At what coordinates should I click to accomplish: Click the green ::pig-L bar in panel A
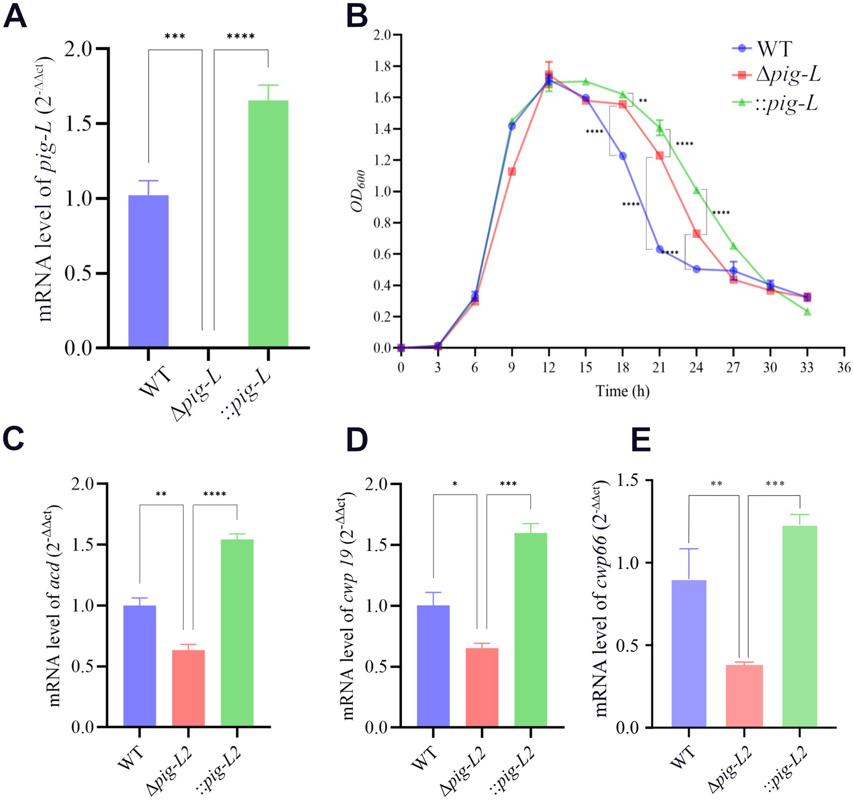pyautogui.click(x=268, y=223)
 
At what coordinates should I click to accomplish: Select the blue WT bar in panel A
pyautogui.click(x=148, y=271)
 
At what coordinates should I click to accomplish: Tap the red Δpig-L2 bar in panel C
pyautogui.click(x=188, y=688)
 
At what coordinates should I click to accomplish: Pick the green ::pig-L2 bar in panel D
pyautogui.click(x=530, y=630)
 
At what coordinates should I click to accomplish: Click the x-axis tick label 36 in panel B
pyautogui.click(x=843, y=368)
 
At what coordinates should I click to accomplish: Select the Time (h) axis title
pyautogui.click(x=622, y=391)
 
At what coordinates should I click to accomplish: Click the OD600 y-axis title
pyautogui.click(x=358, y=191)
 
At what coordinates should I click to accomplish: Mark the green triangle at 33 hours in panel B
pyautogui.click(x=807, y=311)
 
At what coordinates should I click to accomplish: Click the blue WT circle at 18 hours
pyautogui.click(x=623, y=156)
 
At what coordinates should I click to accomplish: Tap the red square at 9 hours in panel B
pyautogui.click(x=512, y=172)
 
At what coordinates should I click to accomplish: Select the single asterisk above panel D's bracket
pyautogui.click(x=455, y=484)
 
